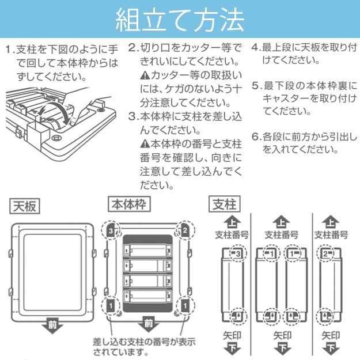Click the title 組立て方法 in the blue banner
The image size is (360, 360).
coord(180,20)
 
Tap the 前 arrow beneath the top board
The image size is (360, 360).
coord(52,327)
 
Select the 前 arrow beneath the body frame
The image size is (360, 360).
coord(147,327)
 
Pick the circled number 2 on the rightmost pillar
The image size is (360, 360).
coord(327,253)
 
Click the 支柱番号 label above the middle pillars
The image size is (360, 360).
coord(281,235)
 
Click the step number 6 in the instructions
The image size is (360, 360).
coord(255,138)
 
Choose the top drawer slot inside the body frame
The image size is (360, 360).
coord(147,251)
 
